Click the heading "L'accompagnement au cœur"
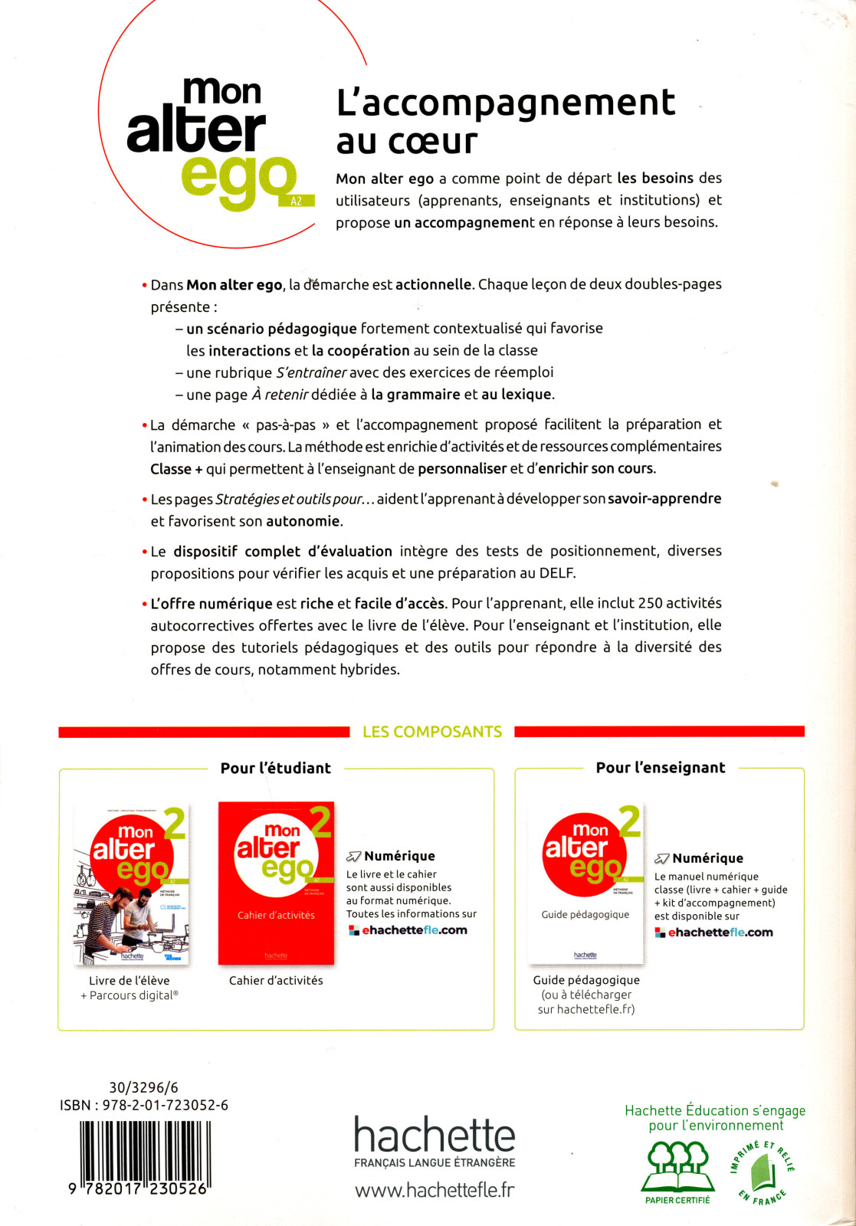pyautogui.click(x=505, y=121)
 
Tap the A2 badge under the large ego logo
pyautogui.click(x=297, y=201)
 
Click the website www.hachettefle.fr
pyautogui.click(x=435, y=1190)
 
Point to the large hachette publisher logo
pyautogui.click(x=435, y=1135)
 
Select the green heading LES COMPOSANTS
pyautogui.click(x=432, y=732)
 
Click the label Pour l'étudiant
pyautogui.click(x=276, y=768)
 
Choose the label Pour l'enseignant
pyautogui.click(x=660, y=768)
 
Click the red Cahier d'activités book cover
pyautogui.click(x=276, y=883)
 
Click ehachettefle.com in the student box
pyautogui.click(x=414, y=930)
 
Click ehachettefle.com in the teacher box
pyautogui.click(x=720, y=933)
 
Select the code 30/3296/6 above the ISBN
pyautogui.click(x=143, y=1087)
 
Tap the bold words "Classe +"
pyautogui.click(x=176, y=469)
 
